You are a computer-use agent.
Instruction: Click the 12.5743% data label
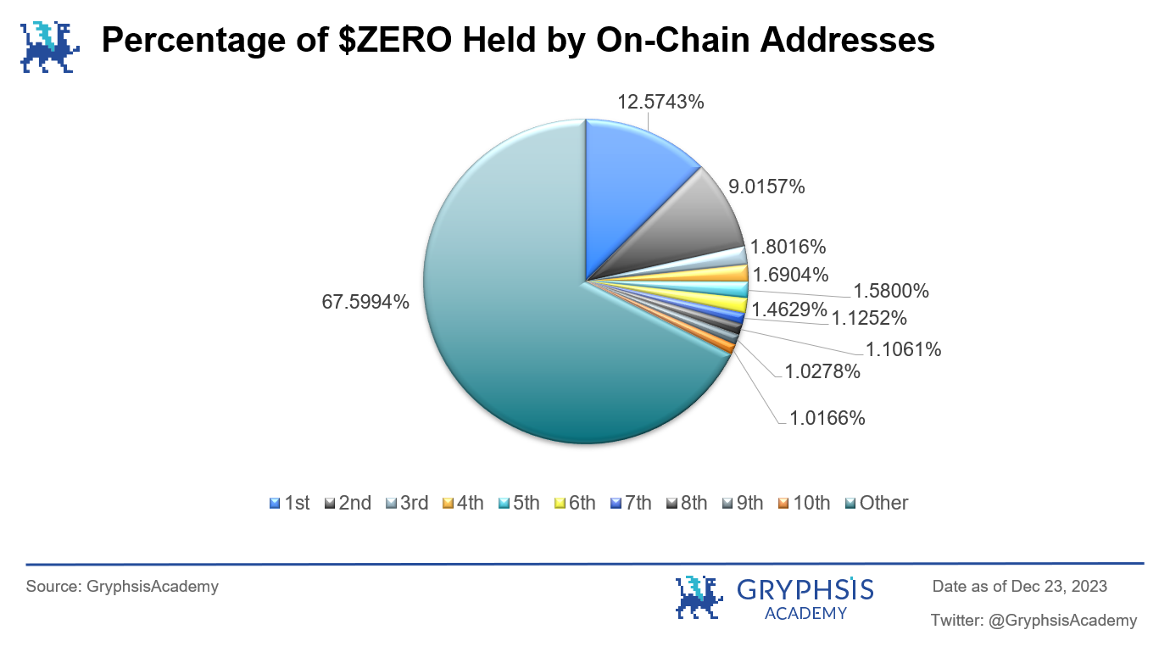pyautogui.click(x=661, y=102)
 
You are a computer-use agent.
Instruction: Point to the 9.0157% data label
pyautogui.click(x=766, y=187)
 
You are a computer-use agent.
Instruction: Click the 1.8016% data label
pyautogui.click(x=788, y=248)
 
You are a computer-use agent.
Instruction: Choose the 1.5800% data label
pyautogui.click(x=890, y=291)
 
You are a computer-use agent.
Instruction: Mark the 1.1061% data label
pyautogui.click(x=903, y=348)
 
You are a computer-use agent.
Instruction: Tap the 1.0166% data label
pyautogui.click(x=827, y=418)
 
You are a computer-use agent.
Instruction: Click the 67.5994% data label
pyautogui.click(x=365, y=301)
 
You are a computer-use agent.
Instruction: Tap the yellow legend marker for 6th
pyautogui.click(x=559, y=504)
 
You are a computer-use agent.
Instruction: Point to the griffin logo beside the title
pyautogui.click(x=49, y=45)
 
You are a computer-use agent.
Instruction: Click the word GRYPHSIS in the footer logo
pyautogui.click(x=805, y=589)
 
